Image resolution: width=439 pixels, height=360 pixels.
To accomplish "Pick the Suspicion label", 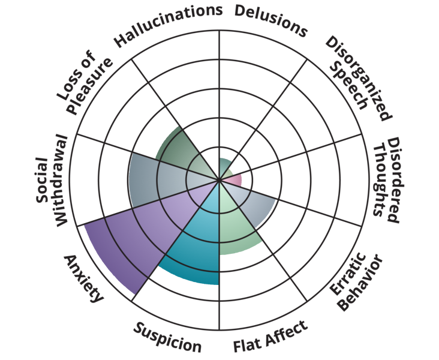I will click(167, 337).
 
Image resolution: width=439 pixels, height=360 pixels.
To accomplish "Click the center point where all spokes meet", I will click(219, 180).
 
